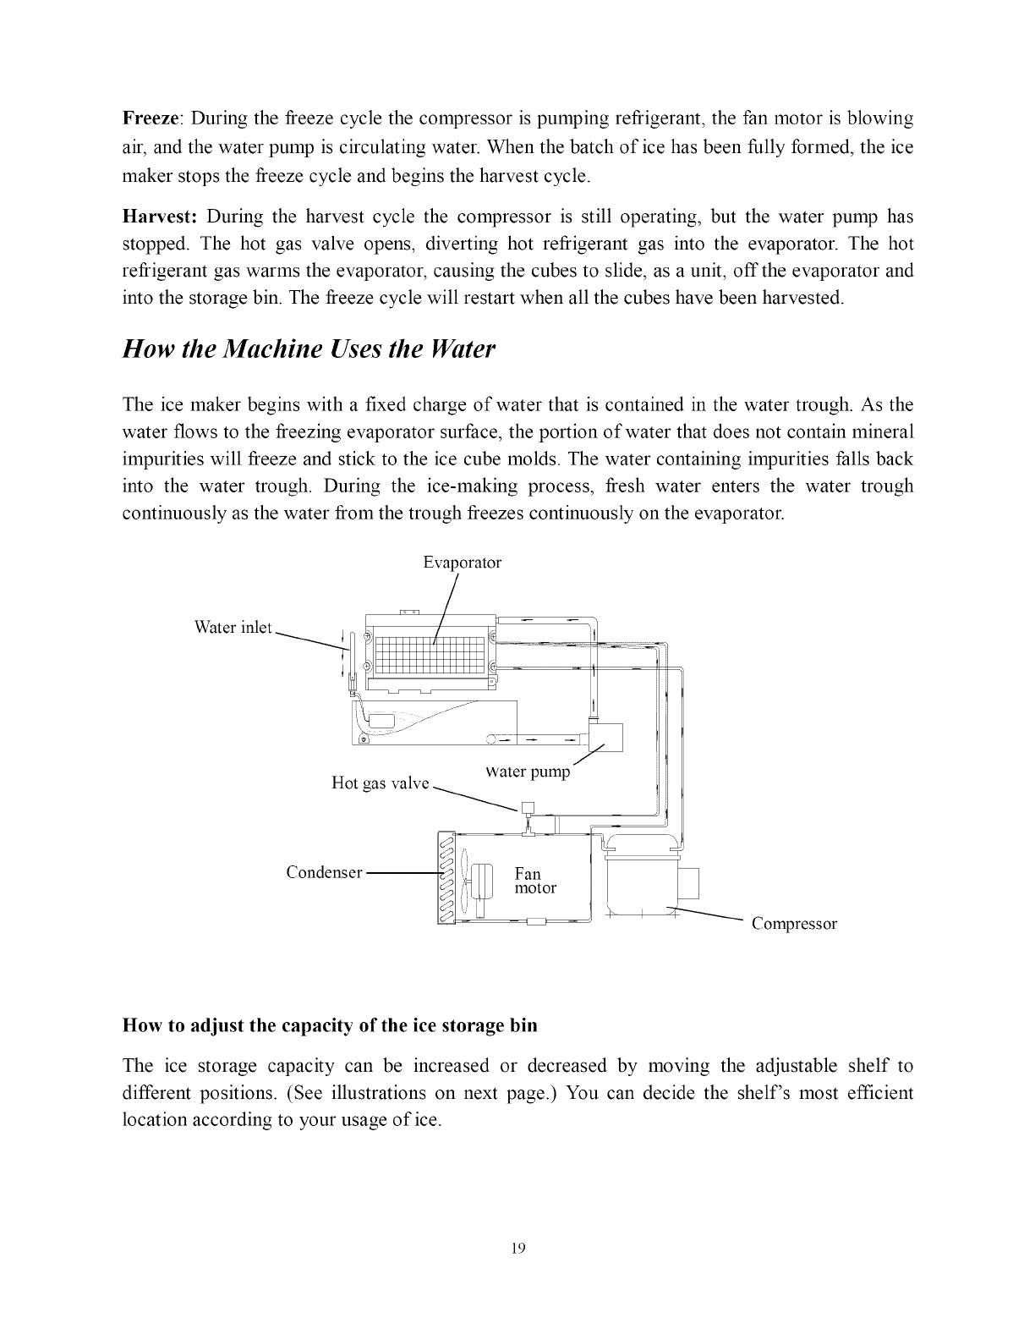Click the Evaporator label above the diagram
point(462,563)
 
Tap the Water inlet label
point(233,628)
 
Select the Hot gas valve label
point(381,783)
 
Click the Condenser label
point(325,872)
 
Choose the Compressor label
point(794,924)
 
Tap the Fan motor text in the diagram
point(535,881)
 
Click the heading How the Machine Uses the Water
point(308,349)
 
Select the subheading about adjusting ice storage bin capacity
point(330,1025)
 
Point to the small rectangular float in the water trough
point(381,721)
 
